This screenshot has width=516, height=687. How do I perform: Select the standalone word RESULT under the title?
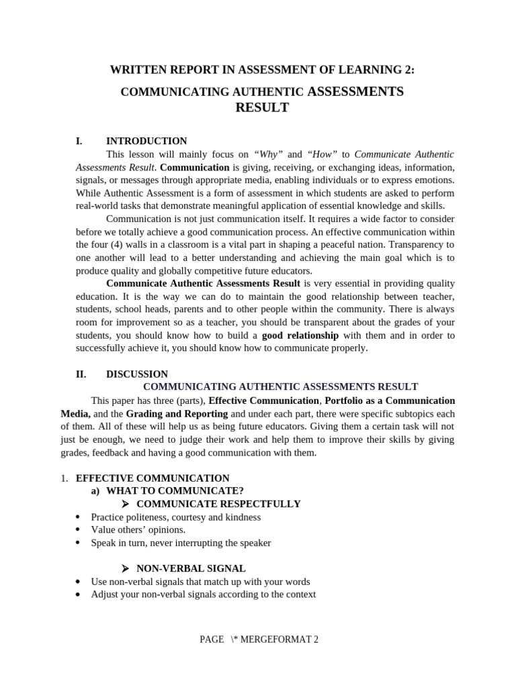262,107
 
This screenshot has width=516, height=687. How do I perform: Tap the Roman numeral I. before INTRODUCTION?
79,141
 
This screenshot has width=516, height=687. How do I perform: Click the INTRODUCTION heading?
146,141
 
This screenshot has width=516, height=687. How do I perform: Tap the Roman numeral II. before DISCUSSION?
81,374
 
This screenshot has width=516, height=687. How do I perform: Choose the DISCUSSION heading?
137,374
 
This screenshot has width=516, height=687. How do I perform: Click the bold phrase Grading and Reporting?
177,413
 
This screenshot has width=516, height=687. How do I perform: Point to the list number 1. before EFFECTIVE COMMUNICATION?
64,478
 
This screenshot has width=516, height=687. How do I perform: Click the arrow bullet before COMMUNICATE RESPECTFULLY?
125,505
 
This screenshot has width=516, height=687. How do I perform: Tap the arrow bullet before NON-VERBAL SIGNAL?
125,569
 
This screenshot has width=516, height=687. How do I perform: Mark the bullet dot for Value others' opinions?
79,530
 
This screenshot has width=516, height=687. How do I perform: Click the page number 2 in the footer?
315,639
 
